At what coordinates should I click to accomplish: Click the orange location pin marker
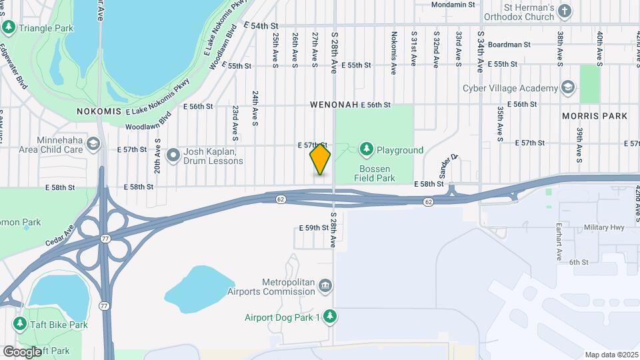320,159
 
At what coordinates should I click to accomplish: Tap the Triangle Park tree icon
9,27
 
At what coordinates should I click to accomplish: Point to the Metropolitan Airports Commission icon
325,285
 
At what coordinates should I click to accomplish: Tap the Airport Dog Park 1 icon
329,317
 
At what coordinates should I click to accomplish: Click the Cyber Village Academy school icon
567,87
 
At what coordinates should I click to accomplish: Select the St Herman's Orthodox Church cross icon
565,11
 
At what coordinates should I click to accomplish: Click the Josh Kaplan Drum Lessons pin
173,155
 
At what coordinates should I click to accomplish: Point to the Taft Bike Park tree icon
20,324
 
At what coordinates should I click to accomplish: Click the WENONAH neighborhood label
333,105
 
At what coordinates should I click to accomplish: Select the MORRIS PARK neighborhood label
595,116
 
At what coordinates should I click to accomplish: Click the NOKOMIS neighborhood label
98,111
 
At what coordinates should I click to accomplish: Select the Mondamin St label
453,4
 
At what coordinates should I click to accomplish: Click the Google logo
21,351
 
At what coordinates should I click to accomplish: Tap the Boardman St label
509,45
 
